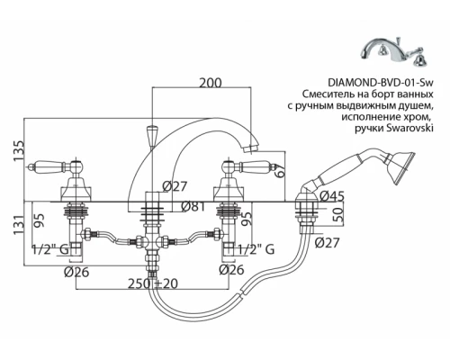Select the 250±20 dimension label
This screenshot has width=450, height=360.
(x=153, y=285)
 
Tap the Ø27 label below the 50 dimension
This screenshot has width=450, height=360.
(x=329, y=243)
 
